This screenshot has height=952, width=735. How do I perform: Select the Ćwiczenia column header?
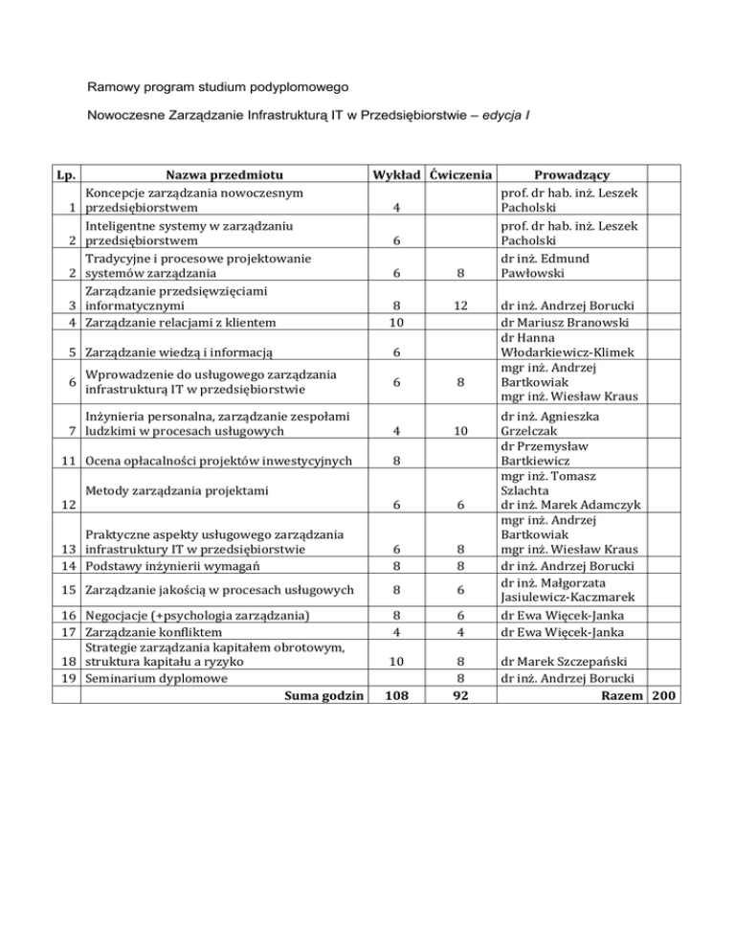(x=462, y=174)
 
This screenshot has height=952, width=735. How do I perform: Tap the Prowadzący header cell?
(x=573, y=174)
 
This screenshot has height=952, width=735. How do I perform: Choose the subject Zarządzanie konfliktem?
(x=153, y=632)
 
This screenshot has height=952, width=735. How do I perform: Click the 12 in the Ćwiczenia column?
(x=462, y=306)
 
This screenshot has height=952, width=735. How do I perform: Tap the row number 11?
(x=67, y=460)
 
